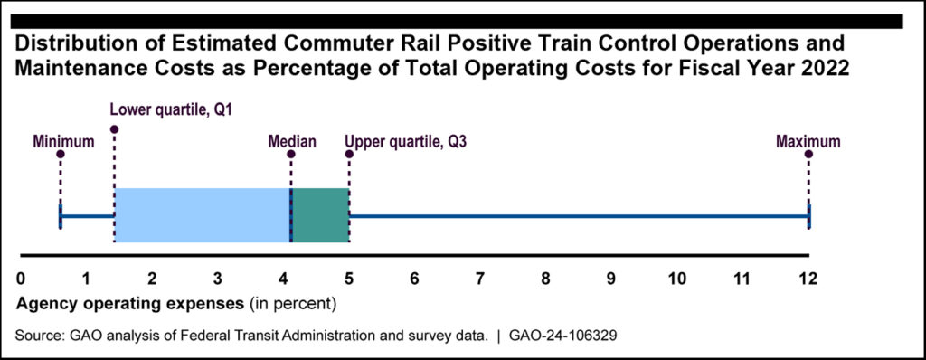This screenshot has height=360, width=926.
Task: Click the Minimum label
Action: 63,142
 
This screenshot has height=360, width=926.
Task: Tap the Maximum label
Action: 808,142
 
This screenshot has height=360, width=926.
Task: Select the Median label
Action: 292,142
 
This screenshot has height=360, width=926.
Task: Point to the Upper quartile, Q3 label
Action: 406,143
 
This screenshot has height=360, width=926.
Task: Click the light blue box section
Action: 203,215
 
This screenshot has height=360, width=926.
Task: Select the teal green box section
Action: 321,215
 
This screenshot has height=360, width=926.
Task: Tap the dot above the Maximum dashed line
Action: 808,155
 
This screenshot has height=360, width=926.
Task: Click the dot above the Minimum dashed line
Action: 61,155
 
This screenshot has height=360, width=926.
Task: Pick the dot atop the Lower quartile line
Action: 114,128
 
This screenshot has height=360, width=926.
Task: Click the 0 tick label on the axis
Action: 21,279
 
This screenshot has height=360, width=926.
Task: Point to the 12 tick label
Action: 808,279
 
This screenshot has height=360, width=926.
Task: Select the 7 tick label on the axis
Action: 479,279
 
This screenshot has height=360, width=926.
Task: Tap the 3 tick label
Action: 217,279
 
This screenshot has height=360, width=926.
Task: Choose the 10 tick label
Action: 676,279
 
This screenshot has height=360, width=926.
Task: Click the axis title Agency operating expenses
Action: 130,305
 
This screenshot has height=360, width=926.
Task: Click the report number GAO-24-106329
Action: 562,336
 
